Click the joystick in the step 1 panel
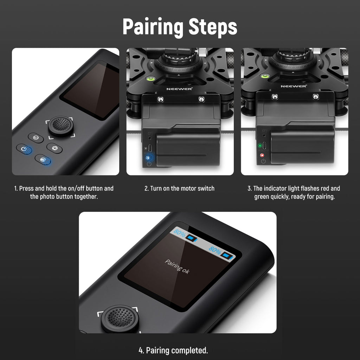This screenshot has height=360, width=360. (60, 126)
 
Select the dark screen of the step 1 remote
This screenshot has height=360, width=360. (90, 91)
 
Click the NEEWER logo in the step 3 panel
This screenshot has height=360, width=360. (294, 86)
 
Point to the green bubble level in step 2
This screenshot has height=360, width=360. (150, 79)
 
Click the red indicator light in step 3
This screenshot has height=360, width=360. (262, 155)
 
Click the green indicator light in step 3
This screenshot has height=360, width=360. (260, 146)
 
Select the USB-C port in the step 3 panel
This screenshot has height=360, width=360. (264, 145)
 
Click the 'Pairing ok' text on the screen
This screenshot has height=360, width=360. (177, 266)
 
